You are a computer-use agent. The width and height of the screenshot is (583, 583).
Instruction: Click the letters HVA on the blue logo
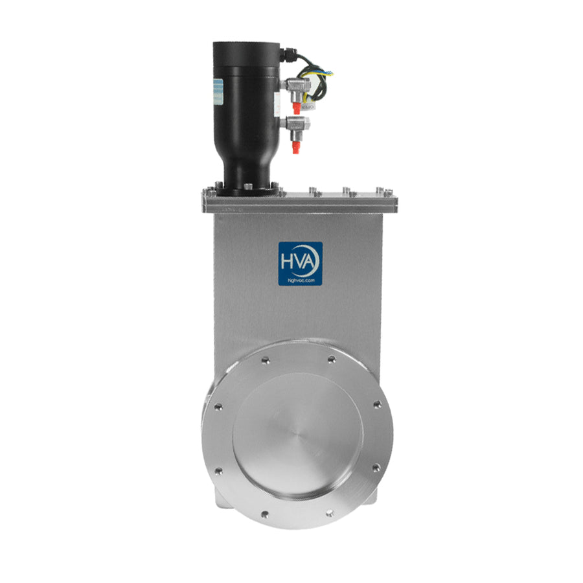pyautogui.click(x=300, y=260)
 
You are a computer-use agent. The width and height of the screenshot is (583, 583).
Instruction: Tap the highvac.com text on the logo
pyautogui.click(x=300, y=277)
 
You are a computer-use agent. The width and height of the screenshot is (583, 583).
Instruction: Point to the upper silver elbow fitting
pyautogui.click(x=294, y=86)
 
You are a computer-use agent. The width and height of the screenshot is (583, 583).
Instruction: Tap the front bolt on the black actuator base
pyautogui.click(x=247, y=188)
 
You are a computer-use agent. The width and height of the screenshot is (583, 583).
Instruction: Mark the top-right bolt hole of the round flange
pyautogui.click(x=332, y=358)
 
